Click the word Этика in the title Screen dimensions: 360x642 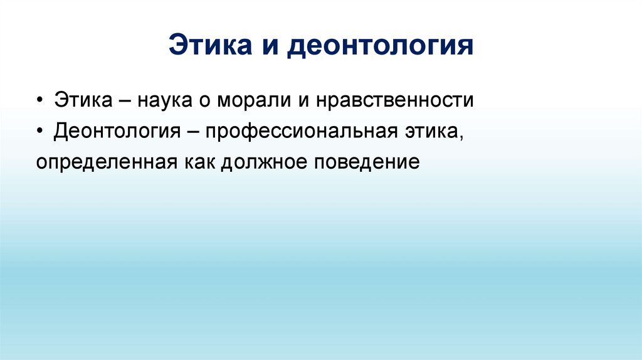(208, 46)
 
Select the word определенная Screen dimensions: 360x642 (107, 163)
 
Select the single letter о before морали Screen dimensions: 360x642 (206, 102)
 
